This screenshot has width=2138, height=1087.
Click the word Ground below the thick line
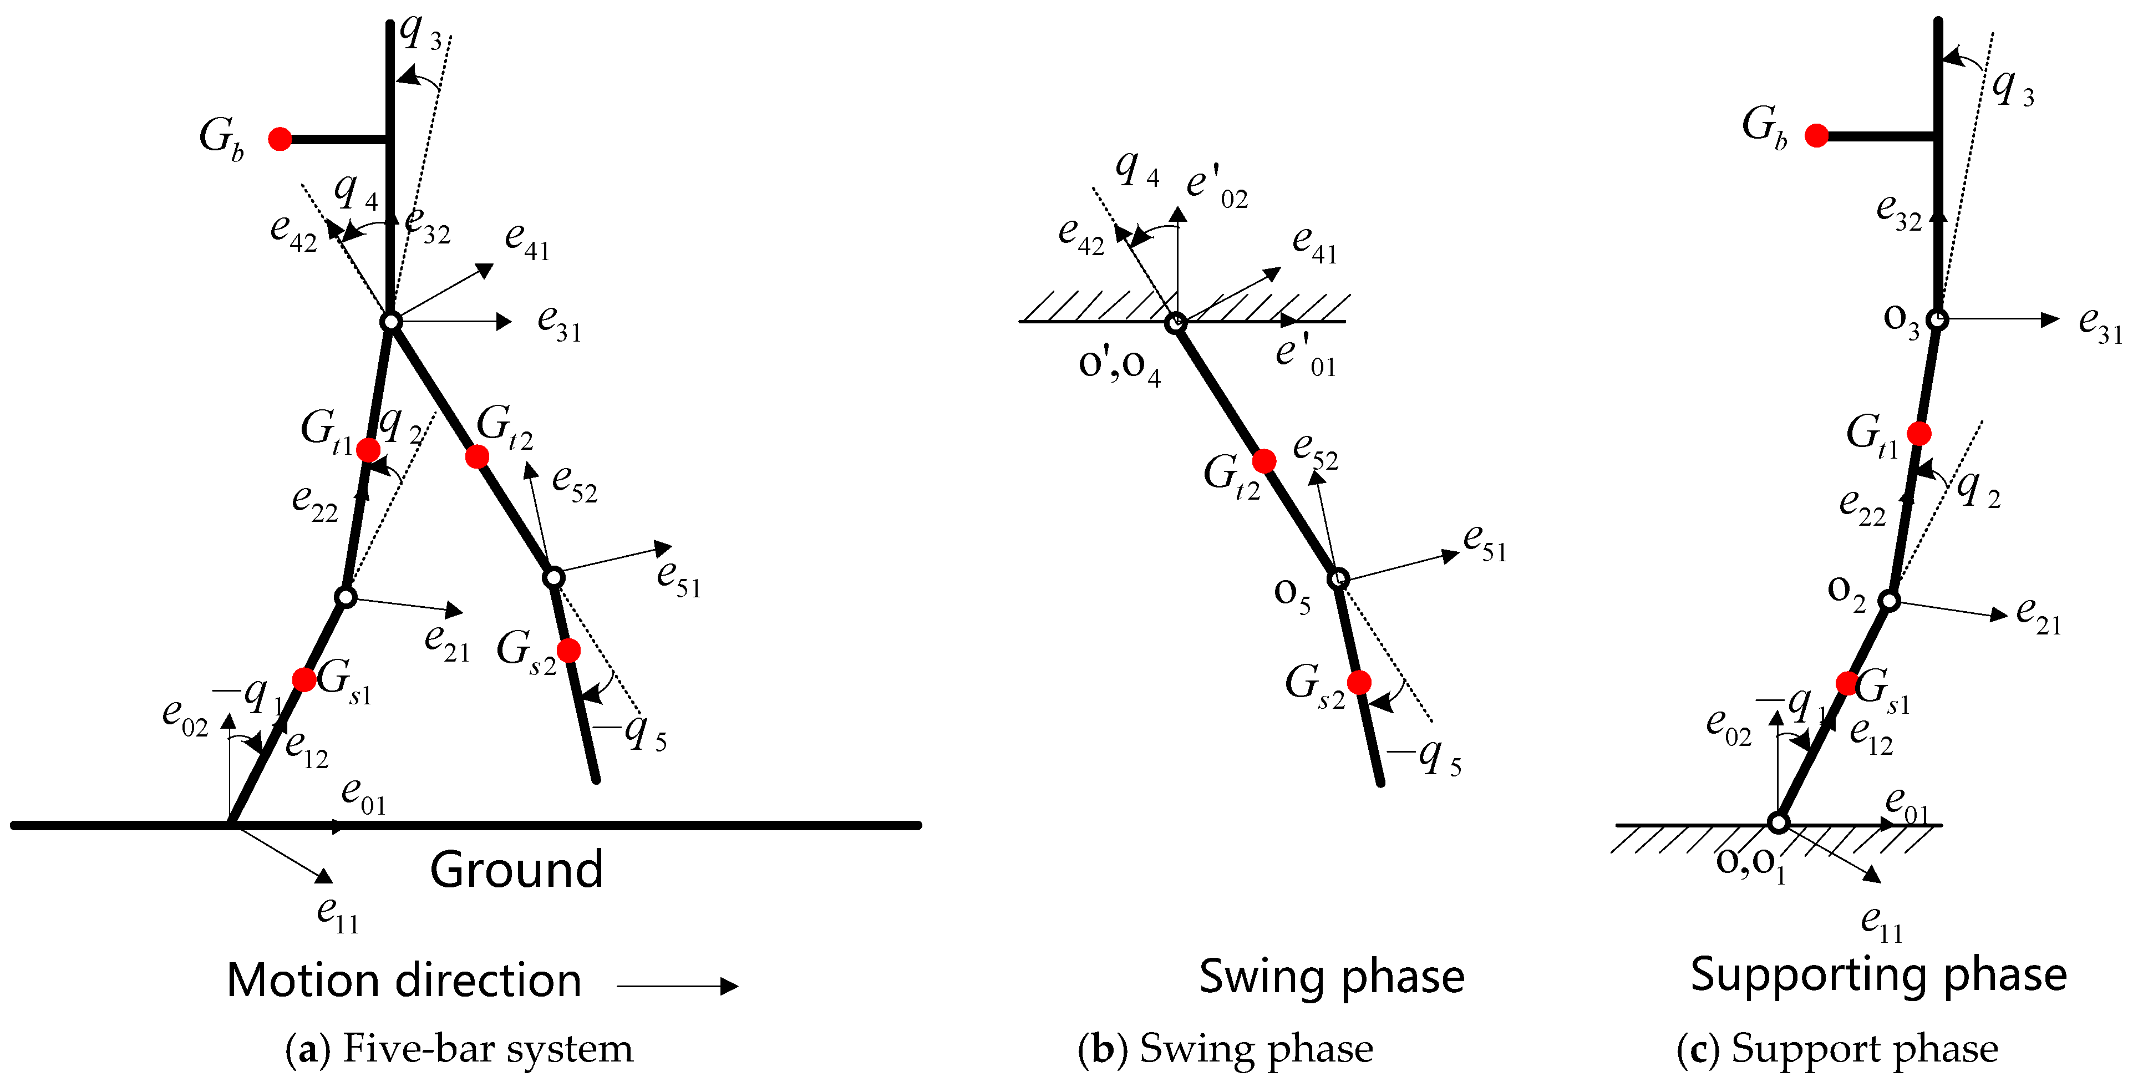[516, 870]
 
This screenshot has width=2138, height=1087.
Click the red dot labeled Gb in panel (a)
[281, 139]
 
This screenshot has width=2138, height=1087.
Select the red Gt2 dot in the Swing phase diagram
[1264, 460]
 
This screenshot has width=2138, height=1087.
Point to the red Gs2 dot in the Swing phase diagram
[1359, 682]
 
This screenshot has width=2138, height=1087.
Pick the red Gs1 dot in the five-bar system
[304, 679]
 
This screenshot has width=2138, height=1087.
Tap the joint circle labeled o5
[1338, 578]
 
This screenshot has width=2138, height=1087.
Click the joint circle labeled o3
[1936, 319]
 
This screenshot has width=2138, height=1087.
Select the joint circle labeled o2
[1889, 600]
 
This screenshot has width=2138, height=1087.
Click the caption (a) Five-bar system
[459, 1048]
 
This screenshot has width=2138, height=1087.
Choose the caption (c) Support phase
[1837, 1048]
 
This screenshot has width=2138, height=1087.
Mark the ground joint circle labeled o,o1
[1778, 823]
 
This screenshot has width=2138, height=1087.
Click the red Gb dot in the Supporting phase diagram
[1816, 135]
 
